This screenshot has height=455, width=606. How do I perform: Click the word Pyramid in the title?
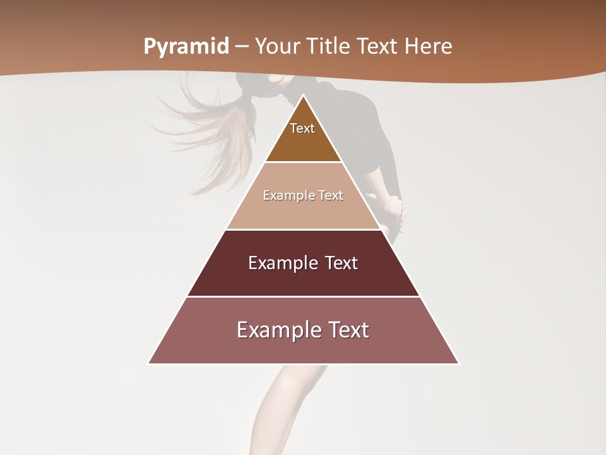(x=186, y=47)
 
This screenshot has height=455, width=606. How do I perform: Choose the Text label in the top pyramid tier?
(x=302, y=128)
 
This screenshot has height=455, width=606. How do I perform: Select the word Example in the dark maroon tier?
(x=282, y=263)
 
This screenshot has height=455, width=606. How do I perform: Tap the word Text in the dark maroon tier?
(x=342, y=263)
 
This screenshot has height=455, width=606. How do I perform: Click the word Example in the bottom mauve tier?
(x=275, y=330)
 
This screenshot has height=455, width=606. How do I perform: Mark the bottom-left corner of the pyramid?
(x=148, y=363)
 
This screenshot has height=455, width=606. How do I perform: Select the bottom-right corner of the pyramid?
(x=459, y=363)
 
